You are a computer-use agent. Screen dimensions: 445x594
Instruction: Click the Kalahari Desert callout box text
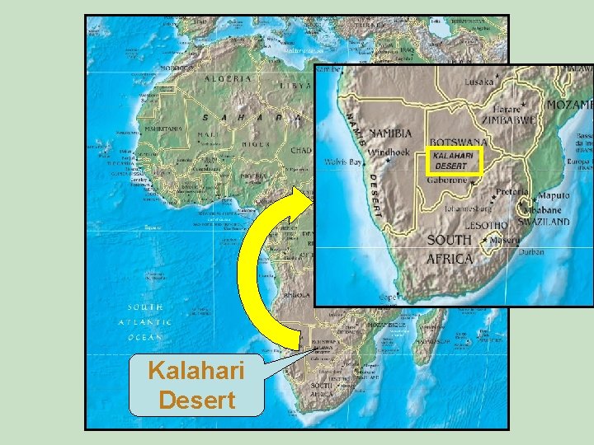196,386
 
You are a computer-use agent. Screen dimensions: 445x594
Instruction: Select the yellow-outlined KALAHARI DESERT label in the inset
453,160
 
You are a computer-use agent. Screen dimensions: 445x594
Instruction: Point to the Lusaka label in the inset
479,84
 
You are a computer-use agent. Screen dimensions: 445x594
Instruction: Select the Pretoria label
512,191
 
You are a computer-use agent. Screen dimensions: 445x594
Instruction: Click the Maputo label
553,196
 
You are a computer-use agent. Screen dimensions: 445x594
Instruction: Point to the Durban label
532,252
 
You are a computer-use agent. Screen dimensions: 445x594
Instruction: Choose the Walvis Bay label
345,162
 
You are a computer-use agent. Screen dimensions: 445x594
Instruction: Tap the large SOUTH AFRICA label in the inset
450,249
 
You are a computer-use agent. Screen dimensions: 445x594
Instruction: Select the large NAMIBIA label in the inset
390,133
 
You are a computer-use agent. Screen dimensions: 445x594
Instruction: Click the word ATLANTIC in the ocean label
145,321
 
